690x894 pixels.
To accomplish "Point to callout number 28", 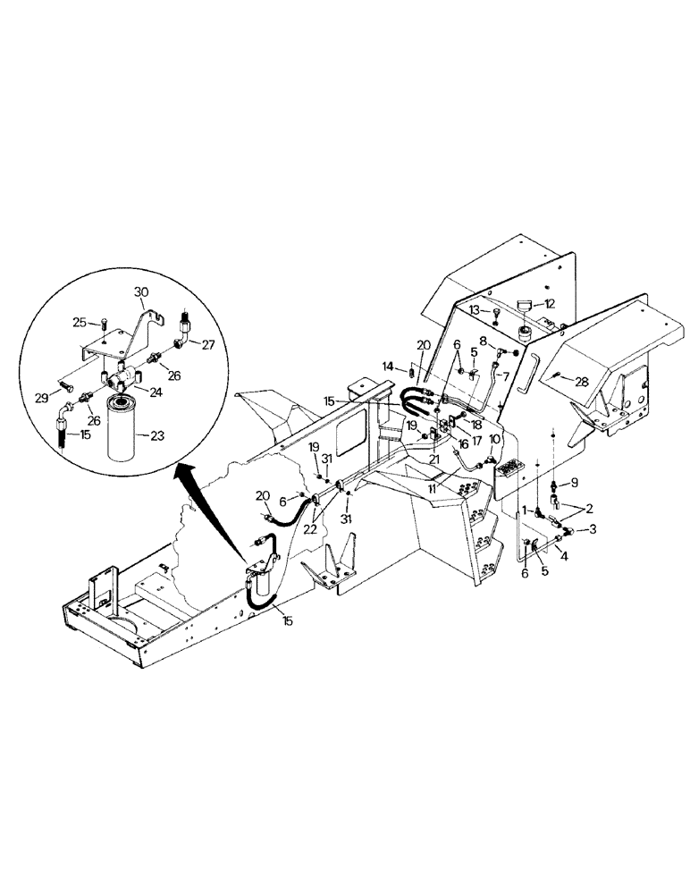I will tap(581, 382).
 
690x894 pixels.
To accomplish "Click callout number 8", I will tap(483, 340).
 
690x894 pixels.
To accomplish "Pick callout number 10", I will tap(494, 438).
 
